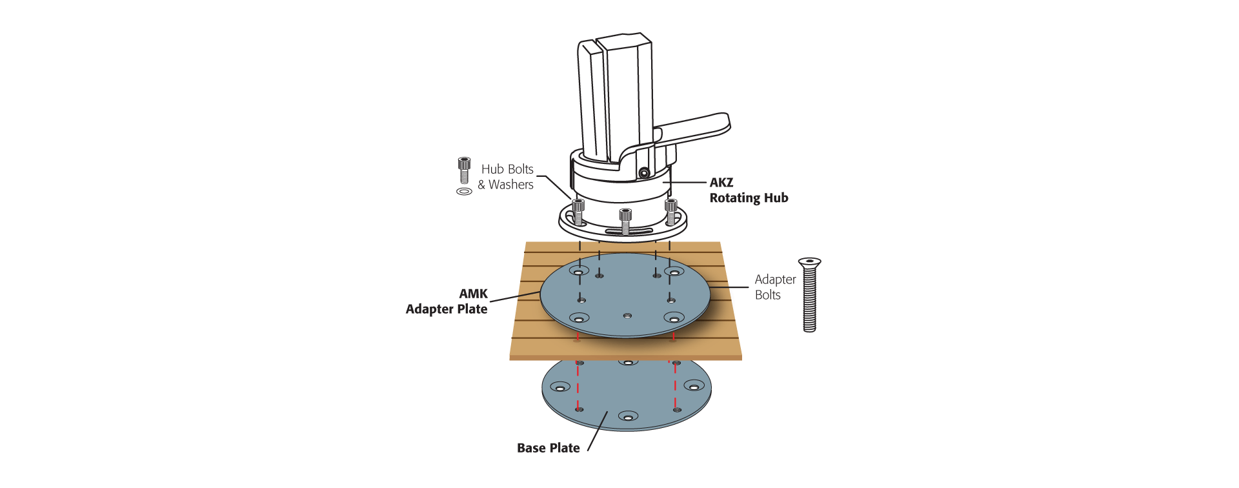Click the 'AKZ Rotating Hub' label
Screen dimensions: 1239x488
(x=749, y=190)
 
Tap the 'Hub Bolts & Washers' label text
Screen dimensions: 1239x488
(x=506, y=177)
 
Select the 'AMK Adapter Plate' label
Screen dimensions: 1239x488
(x=447, y=301)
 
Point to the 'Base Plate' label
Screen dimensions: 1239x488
(x=549, y=448)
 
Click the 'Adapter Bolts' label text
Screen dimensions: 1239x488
(x=775, y=287)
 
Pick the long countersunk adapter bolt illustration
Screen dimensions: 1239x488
(x=809, y=294)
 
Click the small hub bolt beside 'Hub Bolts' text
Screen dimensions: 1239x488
(x=464, y=170)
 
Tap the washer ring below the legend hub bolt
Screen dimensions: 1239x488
(x=464, y=191)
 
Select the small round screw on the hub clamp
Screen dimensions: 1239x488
(x=643, y=173)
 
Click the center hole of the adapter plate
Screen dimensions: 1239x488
(x=627, y=316)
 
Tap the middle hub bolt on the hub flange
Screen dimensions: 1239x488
(x=625, y=221)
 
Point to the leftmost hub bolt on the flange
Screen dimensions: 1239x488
(x=578, y=212)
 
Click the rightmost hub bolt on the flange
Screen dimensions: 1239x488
(x=671, y=212)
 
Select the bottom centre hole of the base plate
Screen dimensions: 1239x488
(x=628, y=416)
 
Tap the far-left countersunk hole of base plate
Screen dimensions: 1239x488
(x=560, y=387)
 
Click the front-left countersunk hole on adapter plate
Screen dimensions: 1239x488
(x=579, y=318)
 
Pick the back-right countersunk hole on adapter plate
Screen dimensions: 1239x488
(x=674, y=272)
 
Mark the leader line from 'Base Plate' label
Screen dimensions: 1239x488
(x=598, y=431)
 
